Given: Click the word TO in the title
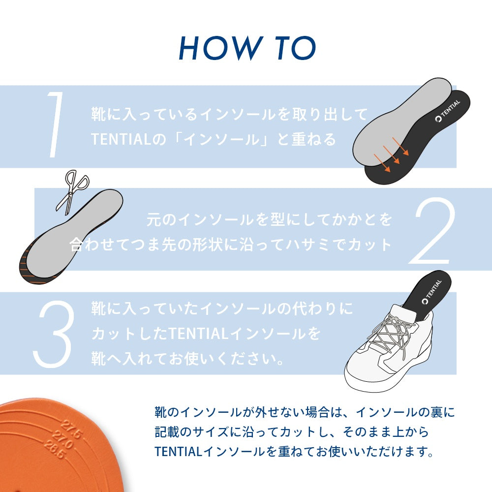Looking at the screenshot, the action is pyautogui.click(x=296, y=48).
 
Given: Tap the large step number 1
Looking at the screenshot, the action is pyautogui.click(x=55, y=124).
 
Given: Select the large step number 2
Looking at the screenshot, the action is pyautogui.click(x=431, y=231).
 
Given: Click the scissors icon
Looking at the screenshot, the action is pyautogui.click(x=72, y=192).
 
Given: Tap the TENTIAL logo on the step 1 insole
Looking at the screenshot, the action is pyautogui.click(x=447, y=111).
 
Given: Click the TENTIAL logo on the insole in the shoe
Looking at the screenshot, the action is pyautogui.click(x=432, y=291).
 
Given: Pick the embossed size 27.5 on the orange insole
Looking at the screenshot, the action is pyautogui.click(x=72, y=429).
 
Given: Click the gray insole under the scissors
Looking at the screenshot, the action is pyautogui.click(x=73, y=233).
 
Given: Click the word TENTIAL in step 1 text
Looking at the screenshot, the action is pyautogui.click(x=122, y=139).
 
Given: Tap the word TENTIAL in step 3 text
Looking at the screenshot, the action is pyautogui.click(x=198, y=334).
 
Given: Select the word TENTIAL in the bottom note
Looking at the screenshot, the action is pyautogui.click(x=178, y=452).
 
